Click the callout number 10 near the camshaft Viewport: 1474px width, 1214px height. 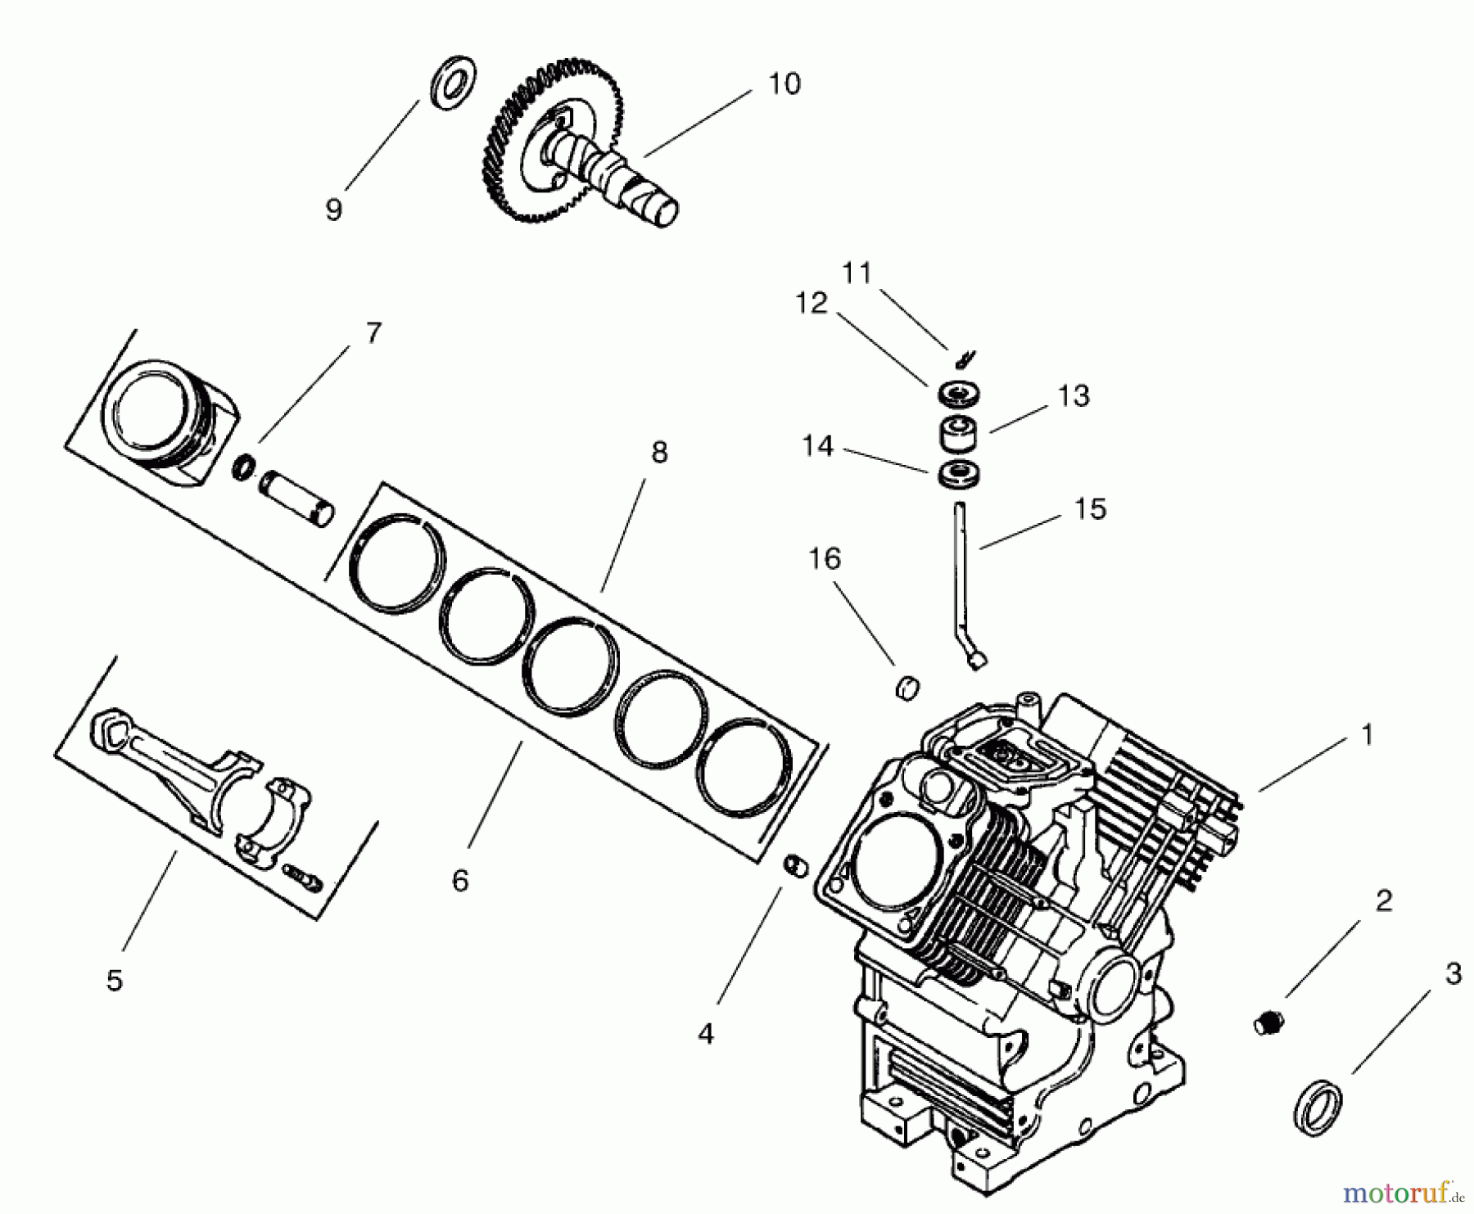[x=784, y=83]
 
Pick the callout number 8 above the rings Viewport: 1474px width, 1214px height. [x=659, y=452]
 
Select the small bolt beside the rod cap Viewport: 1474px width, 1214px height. [x=303, y=878]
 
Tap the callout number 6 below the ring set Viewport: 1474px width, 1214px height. [x=460, y=881]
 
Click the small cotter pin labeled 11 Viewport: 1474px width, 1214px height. [x=965, y=359]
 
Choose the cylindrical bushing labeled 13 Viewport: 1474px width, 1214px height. [x=957, y=433]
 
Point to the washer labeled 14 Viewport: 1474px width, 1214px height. [x=957, y=476]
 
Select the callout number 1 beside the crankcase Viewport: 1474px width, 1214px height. [x=1366, y=735]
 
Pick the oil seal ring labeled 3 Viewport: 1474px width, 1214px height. [x=1321, y=1107]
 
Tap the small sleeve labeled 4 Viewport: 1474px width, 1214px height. [x=796, y=866]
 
